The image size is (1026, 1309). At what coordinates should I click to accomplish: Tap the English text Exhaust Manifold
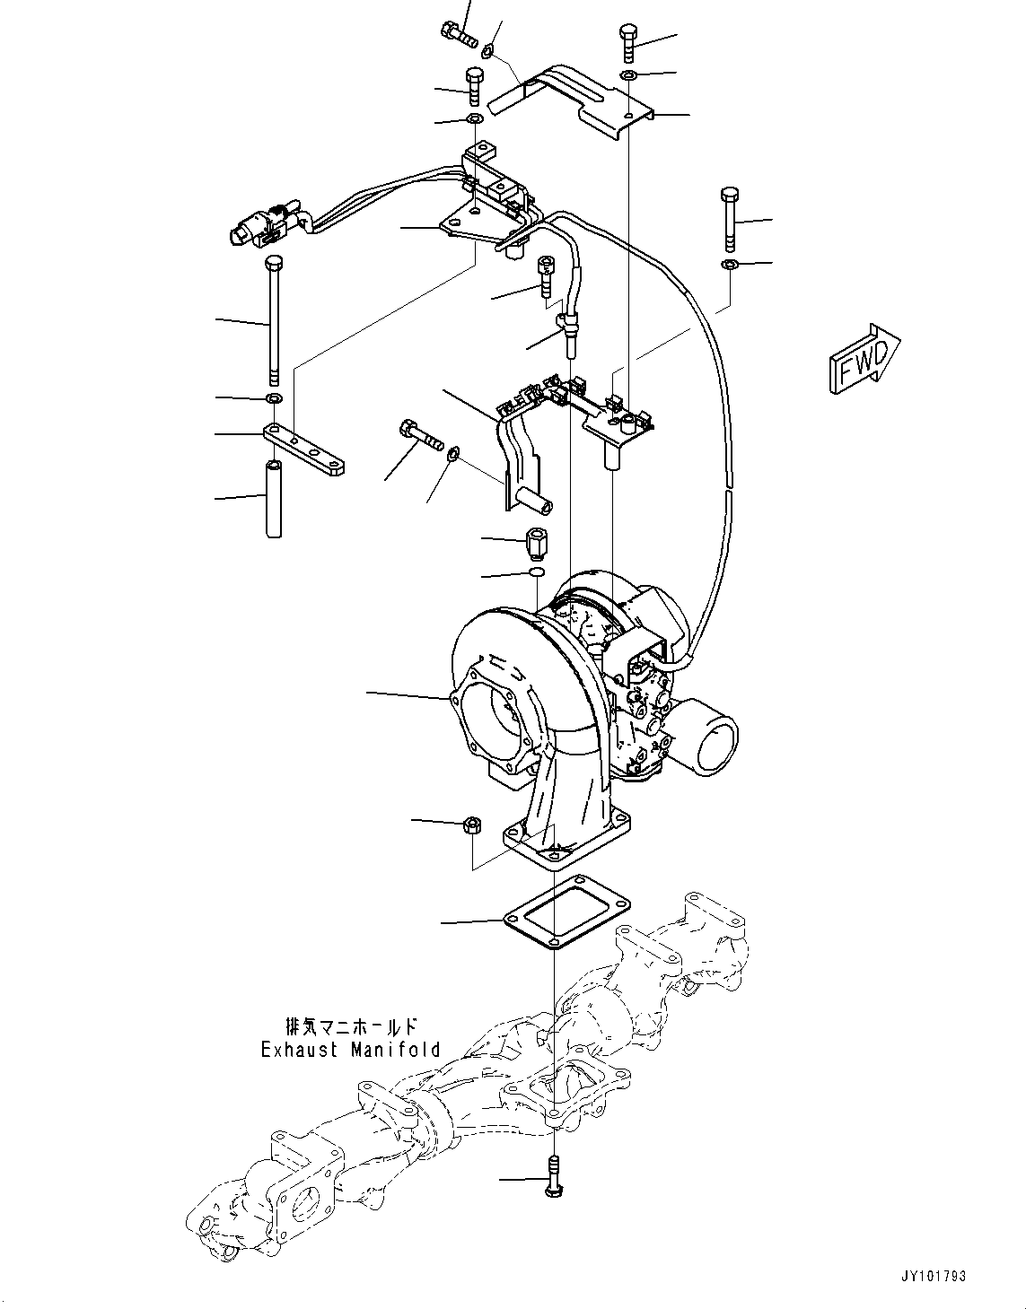(350, 1049)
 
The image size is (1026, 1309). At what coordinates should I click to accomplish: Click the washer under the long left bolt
(274, 397)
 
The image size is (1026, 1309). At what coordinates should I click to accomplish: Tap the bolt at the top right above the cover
(628, 42)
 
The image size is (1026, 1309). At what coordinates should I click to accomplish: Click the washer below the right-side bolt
(730, 264)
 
